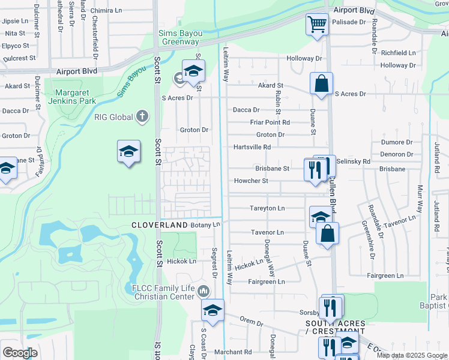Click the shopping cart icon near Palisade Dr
tap(317, 25)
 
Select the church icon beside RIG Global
tap(142, 116)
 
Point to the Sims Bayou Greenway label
tap(178, 38)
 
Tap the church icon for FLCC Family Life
tap(203, 292)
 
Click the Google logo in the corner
tap(19, 353)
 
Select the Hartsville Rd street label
tap(252, 147)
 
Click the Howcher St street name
tap(251, 181)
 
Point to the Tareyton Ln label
tap(267, 208)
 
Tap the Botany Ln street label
tap(206, 224)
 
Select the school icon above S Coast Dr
tap(212, 310)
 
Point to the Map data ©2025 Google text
tap(412, 355)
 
